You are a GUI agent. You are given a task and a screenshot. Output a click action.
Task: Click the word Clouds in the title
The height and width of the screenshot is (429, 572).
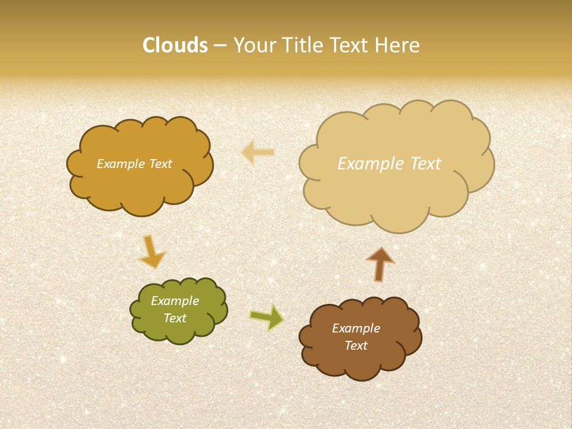point(175,45)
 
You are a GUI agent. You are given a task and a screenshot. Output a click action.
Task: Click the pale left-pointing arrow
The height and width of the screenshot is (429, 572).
point(258,153)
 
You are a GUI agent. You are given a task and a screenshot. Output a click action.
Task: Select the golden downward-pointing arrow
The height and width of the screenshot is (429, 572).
point(151,251)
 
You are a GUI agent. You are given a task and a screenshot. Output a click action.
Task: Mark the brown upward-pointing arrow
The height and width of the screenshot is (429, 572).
point(380,264)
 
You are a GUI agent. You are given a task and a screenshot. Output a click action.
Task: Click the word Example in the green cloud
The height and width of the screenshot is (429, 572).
point(175,301)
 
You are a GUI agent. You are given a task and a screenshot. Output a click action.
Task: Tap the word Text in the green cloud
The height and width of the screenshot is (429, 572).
point(175,318)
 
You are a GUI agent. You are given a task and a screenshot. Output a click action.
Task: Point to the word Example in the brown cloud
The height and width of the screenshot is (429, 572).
point(356,328)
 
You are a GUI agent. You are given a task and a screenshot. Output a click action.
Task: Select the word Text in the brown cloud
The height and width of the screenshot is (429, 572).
point(356,346)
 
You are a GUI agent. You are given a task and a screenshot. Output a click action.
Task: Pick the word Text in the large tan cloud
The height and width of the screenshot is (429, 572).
point(419,164)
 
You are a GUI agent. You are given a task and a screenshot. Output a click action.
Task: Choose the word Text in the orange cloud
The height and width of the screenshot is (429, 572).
point(159,164)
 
